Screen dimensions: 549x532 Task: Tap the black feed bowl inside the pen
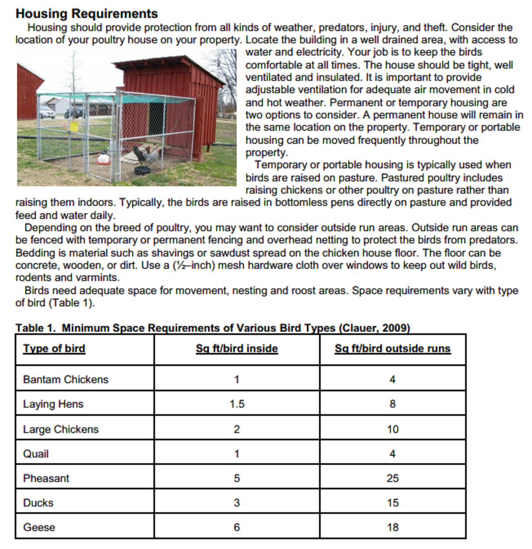[x=142, y=170]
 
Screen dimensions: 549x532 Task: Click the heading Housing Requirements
[x=86, y=13]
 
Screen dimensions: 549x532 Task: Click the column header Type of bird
[x=54, y=348]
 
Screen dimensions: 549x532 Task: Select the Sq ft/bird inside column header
[x=237, y=348]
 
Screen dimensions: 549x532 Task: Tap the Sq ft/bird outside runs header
[x=392, y=348]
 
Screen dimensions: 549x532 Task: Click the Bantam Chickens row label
[x=66, y=379]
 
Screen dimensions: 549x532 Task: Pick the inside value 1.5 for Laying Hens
[x=237, y=404]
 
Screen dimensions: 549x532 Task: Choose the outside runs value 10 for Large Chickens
[x=392, y=429]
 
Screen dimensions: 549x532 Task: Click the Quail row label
[x=36, y=454]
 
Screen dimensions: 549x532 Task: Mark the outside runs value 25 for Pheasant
[x=392, y=478]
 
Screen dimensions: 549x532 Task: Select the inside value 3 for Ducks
[x=237, y=503]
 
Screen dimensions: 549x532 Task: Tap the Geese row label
[x=39, y=527]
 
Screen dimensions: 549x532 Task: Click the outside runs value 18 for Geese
[x=392, y=527]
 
